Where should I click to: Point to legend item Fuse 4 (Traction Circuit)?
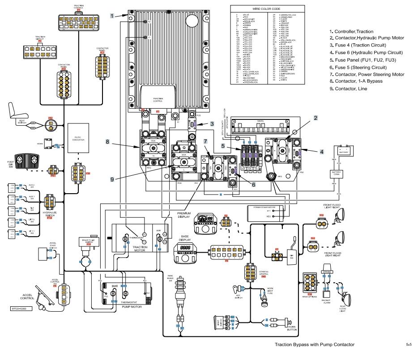click(x=353, y=45)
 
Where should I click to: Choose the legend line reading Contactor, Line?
click(x=348, y=89)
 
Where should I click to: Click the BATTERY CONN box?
click(x=337, y=173)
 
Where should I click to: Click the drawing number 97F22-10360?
click(x=21, y=309)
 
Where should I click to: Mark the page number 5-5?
click(x=408, y=344)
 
